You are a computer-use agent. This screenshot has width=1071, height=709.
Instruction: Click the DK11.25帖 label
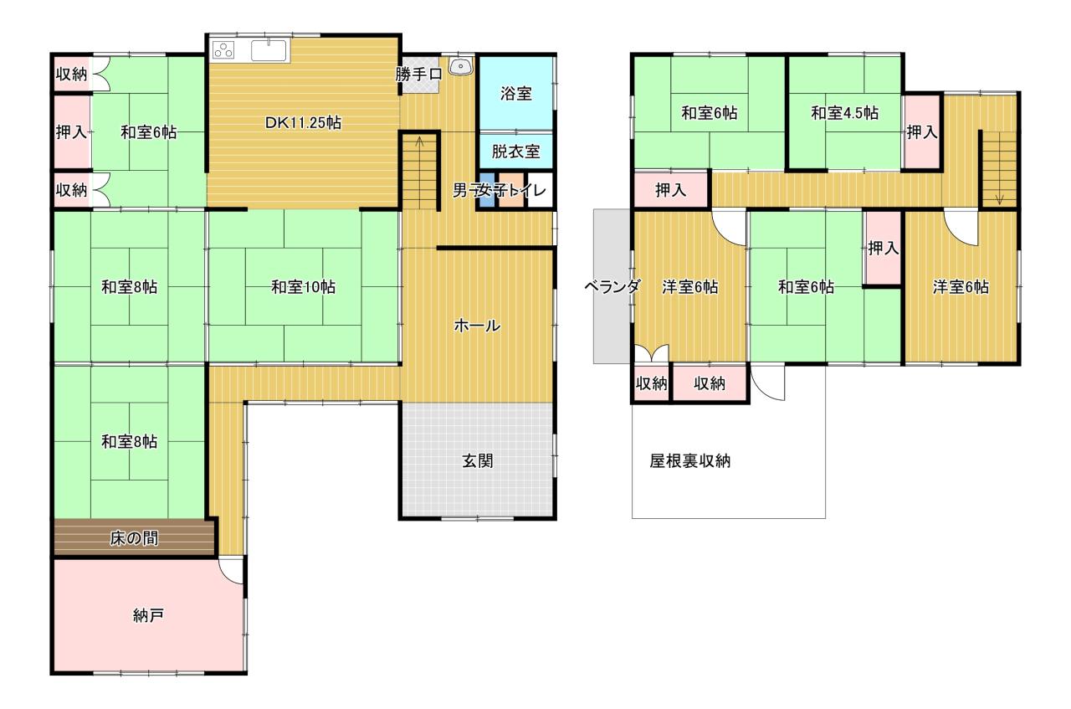tap(303, 123)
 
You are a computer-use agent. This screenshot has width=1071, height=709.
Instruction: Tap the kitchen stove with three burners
tap(223, 50)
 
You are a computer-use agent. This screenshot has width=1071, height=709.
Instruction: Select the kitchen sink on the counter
tap(269, 50)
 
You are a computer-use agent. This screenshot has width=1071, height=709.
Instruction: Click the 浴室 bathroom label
tap(516, 93)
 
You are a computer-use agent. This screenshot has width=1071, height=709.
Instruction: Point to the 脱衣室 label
tap(516, 152)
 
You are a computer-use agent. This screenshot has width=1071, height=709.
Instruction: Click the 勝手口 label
tap(419, 74)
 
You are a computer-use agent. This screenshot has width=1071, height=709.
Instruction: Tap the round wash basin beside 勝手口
tap(461, 66)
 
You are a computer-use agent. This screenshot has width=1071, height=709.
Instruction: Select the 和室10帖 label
tap(303, 287)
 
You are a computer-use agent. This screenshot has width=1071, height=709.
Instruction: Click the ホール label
tap(477, 326)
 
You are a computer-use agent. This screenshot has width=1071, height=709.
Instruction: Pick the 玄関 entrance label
tap(477, 461)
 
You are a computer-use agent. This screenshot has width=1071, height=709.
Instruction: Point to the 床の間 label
tap(134, 539)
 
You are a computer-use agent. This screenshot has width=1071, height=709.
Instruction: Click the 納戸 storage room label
tap(148, 616)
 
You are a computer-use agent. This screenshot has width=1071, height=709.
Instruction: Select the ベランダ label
tap(612, 286)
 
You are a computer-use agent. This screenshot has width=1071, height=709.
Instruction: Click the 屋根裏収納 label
tap(689, 461)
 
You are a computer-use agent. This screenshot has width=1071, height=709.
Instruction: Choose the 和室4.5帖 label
tap(844, 113)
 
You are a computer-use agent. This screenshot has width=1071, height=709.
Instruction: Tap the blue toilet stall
tap(487, 190)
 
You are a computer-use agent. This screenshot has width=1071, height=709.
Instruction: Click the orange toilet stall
tap(511, 190)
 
